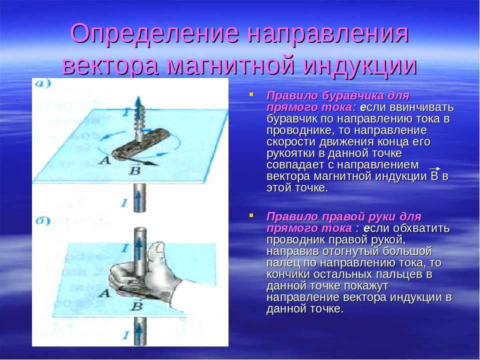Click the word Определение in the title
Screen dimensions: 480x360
click(154, 33)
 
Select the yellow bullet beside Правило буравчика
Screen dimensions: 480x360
click(251, 94)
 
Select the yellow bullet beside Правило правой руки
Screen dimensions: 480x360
click(251, 215)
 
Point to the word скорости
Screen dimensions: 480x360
click(291, 141)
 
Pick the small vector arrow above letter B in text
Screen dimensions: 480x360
click(434, 168)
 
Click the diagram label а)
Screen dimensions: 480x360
click(43, 83)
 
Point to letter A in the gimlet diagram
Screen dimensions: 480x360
click(104, 160)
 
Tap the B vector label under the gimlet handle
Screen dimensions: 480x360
click(134, 169)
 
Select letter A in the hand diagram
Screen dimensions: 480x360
click(104, 293)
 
